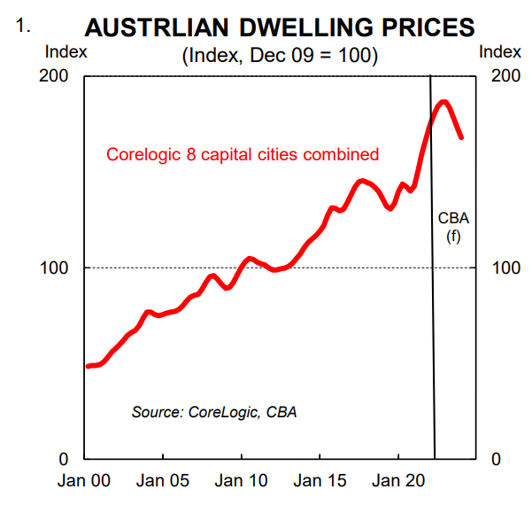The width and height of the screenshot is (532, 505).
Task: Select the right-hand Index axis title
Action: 500,51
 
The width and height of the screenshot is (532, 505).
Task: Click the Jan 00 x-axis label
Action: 84,482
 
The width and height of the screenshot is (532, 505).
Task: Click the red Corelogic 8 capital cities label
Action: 243,154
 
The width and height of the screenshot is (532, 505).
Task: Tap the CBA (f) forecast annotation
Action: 453,227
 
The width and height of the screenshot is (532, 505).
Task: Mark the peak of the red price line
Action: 443,103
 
